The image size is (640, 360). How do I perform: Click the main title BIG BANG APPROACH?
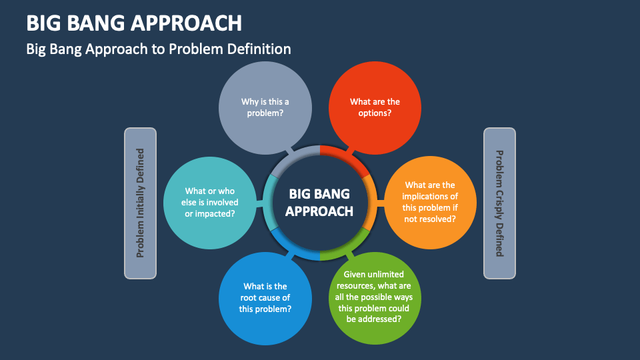tap(134, 23)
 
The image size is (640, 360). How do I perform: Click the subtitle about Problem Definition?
tap(159, 49)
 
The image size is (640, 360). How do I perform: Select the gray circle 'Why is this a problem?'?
tap(265, 107)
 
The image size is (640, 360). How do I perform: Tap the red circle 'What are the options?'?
tap(375, 107)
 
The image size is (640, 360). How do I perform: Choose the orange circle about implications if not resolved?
tap(430, 202)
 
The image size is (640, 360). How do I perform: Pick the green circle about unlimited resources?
tap(374, 297)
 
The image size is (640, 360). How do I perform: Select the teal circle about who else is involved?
tap(210, 202)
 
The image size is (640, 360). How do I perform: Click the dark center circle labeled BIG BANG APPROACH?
tap(320, 202)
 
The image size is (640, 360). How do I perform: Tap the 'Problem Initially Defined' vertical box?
tap(140, 203)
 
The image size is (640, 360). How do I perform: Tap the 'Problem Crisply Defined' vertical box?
tap(499, 203)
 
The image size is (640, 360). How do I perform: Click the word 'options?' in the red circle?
tap(375, 113)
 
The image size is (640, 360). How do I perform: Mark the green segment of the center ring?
tap(347, 247)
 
